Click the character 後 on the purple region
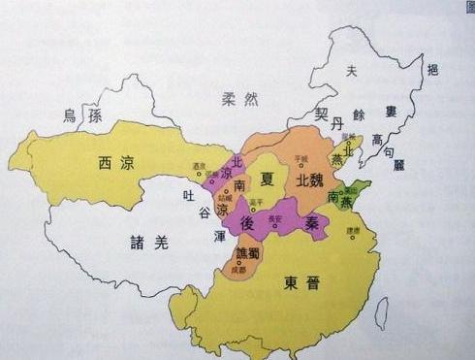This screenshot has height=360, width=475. (x=246, y=223)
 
